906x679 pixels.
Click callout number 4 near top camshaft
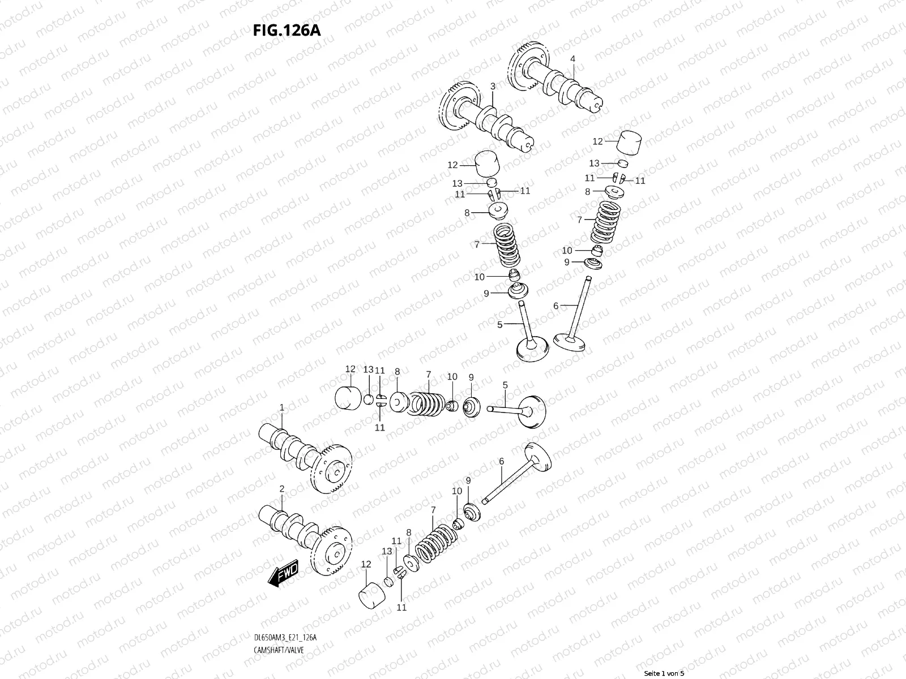click(572, 59)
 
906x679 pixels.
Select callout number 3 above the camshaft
click(493, 86)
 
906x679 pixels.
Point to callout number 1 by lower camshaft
click(281, 407)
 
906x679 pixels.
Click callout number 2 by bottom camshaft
click(281, 488)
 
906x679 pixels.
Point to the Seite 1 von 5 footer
click(665, 673)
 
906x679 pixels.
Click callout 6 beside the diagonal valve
click(502, 462)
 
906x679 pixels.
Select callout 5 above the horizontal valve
click(505, 385)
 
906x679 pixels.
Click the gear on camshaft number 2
click(334, 549)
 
